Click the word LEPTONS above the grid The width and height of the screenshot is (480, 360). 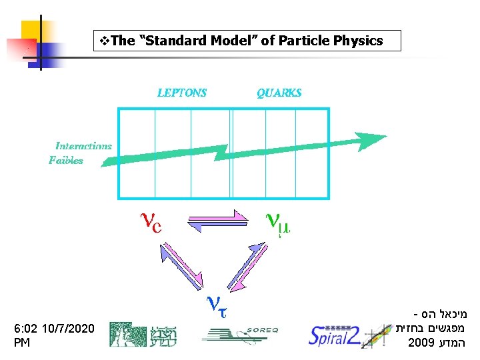(x=182, y=93)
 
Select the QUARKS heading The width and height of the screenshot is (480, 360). (x=279, y=93)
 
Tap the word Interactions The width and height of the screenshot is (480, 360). (x=83, y=145)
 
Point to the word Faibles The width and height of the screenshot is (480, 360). (x=66, y=160)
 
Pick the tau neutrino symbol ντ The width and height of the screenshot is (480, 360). (x=219, y=305)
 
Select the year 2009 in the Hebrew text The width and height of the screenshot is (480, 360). (x=421, y=344)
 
